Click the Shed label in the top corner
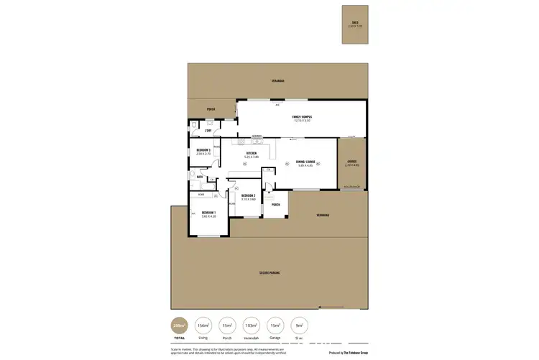(354, 24)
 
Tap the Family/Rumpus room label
(301, 119)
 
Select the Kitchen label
(252, 154)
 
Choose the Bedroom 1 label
(209, 214)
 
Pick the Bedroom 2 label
(249, 197)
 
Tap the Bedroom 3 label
(203, 152)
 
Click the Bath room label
(199, 176)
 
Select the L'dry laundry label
(208, 130)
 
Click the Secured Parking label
(269, 273)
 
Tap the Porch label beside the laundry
(211, 110)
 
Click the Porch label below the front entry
(275, 205)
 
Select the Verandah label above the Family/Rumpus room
(278, 80)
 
